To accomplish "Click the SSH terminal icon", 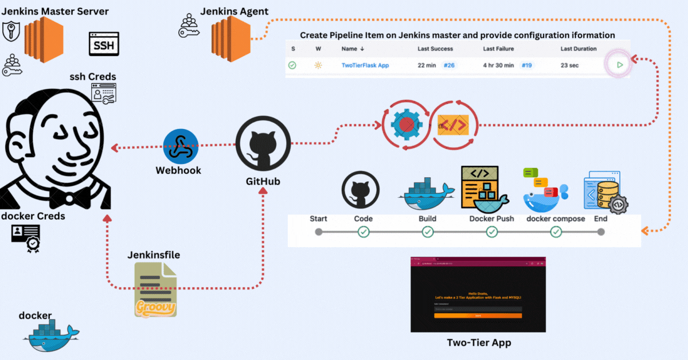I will coord(104,44).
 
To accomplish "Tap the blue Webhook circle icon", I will coord(181,147).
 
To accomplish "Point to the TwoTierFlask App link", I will coord(365,65).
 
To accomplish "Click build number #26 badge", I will coord(449,65).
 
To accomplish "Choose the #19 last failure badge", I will coord(526,65).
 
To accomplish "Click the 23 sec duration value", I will coord(569,65).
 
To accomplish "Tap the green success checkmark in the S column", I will coord(292,65).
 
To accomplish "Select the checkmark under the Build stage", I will coord(428,232).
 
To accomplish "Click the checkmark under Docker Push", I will coord(492,232).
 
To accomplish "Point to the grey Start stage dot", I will coord(319,232).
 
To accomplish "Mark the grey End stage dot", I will coord(600,232).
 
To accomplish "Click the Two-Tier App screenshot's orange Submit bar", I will coord(478,315).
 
